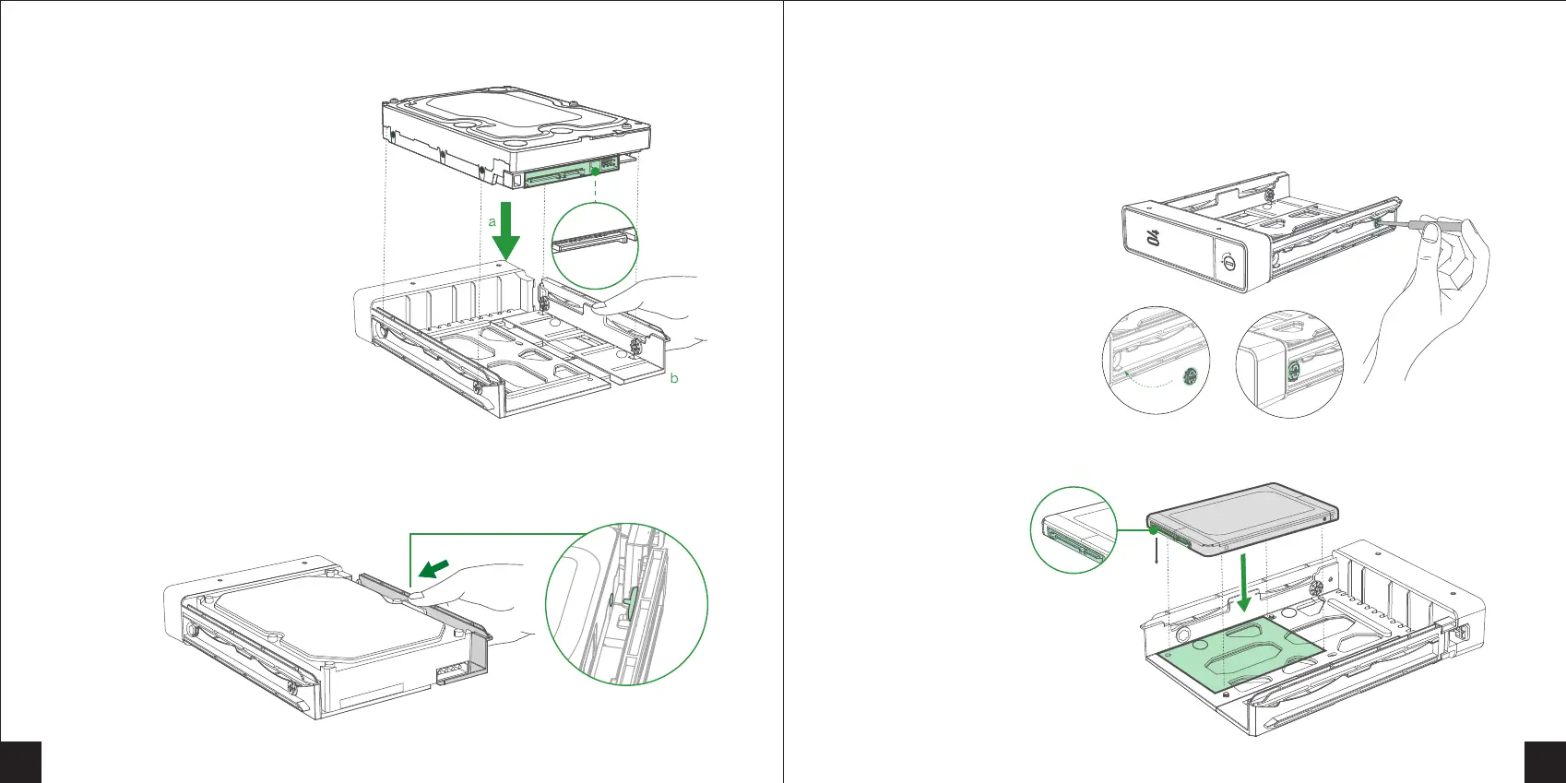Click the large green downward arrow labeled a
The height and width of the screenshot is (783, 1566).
(505, 232)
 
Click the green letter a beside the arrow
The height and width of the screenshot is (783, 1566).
(492, 222)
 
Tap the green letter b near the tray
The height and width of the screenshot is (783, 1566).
(674, 378)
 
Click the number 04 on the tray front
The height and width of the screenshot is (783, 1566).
(1153, 238)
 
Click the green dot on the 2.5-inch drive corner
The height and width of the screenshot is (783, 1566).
(1154, 530)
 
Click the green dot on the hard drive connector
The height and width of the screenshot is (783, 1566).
(597, 172)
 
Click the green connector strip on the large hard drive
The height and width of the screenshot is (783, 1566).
(558, 175)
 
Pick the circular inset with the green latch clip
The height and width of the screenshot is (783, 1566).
(626, 604)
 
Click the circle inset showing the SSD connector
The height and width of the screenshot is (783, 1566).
(1073, 530)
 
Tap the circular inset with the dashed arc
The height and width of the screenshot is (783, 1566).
(1156, 362)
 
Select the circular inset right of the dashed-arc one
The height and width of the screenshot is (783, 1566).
(1288, 363)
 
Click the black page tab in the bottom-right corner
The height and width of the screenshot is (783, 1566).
(1545, 761)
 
